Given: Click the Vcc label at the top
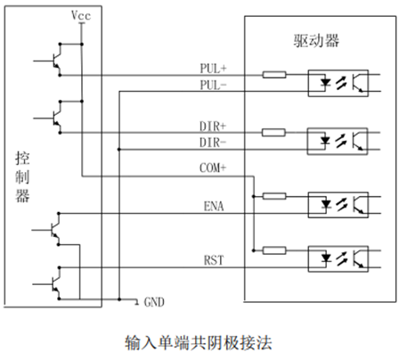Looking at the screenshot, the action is coord(81,15).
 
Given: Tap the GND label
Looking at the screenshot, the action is coord(154,302).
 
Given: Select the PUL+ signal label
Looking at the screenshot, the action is coord(213,69).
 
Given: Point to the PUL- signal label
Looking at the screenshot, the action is coord(213,86).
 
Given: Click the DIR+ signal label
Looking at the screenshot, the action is coord(213,127).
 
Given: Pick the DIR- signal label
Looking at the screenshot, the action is coord(213,143).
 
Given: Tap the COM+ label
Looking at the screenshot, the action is coord(213,168).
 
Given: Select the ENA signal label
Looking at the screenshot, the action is coord(214,206).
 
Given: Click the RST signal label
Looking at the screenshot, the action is coord(214,260).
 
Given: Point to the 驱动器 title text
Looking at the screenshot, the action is coord(316,41).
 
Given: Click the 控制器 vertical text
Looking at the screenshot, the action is coord(22,177).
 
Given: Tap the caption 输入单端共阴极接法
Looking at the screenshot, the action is coord(199,343).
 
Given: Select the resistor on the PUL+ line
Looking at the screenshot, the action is coord(274,75).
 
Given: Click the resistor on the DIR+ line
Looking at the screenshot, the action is coord(273,133).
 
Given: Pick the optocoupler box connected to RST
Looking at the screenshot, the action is coord(338,258).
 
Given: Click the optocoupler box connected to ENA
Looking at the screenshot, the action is coord(338,205).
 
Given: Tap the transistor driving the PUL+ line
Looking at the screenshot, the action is coord(56,60).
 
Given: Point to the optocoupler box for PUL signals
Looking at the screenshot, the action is coord(338,83).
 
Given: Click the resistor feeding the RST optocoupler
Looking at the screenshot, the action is coord(274,250).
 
